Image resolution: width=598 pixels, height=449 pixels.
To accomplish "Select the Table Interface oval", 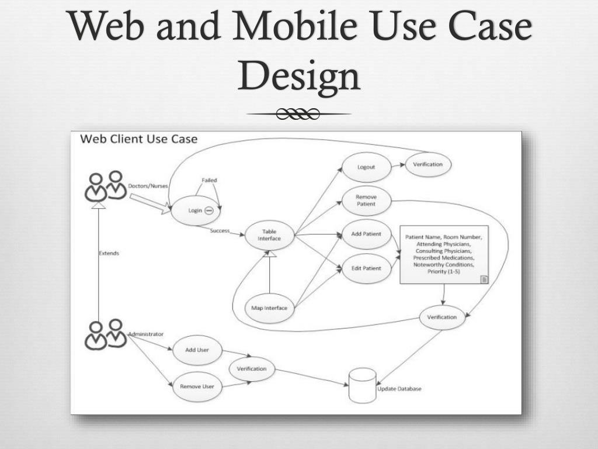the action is (x=269, y=235).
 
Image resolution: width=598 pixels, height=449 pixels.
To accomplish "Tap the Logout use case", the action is (x=366, y=167).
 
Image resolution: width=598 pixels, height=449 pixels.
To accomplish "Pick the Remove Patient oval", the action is (x=366, y=201).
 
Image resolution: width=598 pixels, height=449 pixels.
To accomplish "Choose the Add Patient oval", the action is (x=366, y=234).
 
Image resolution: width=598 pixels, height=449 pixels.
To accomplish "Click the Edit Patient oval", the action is (x=366, y=268).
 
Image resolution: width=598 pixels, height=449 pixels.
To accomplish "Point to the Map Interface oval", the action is (x=269, y=308).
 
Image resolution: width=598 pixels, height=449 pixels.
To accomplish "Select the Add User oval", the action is (x=197, y=350).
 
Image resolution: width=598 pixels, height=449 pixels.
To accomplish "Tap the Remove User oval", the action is (x=197, y=386).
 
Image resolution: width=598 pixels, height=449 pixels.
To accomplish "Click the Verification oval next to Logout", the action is (x=428, y=164).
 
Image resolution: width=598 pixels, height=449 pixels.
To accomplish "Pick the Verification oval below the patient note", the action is (x=442, y=317).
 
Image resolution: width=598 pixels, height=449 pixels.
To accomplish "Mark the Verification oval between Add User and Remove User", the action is (x=252, y=369).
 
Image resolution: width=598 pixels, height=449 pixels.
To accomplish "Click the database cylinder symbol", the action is (x=361, y=385).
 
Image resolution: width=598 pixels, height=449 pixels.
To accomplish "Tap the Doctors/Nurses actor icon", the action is (x=106, y=186).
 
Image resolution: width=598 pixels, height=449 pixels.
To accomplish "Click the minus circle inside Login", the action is (x=208, y=210).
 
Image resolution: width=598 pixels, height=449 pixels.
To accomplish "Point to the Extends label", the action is (x=109, y=253).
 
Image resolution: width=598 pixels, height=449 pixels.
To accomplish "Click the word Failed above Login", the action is (x=209, y=180).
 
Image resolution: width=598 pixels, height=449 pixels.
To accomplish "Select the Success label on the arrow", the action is (x=220, y=230).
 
